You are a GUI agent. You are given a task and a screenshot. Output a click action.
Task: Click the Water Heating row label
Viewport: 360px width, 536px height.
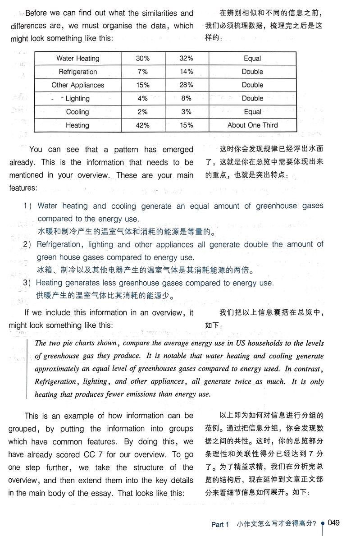click(x=77, y=59)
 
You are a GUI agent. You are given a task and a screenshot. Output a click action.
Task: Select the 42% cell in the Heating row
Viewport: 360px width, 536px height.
click(x=142, y=125)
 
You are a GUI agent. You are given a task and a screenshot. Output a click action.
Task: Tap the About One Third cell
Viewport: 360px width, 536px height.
click(x=252, y=125)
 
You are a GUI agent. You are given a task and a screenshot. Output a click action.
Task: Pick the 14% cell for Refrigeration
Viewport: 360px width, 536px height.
click(x=186, y=72)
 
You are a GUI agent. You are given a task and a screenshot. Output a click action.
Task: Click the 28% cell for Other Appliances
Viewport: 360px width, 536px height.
click(x=186, y=85)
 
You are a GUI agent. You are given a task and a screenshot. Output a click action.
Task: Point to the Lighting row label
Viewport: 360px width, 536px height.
click(x=77, y=99)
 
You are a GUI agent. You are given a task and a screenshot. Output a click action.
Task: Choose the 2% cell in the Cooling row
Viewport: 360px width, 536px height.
click(x=142, y=112)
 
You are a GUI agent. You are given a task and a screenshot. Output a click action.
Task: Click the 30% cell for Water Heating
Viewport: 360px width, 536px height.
click(x=142, y=59)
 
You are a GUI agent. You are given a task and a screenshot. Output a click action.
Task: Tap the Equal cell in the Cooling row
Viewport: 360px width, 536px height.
click(x=252, y=112)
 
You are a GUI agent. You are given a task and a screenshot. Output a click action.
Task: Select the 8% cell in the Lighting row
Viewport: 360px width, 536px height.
click(x=186, y=99)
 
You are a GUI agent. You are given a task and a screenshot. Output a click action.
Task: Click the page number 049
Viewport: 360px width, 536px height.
click(x=333, y=522)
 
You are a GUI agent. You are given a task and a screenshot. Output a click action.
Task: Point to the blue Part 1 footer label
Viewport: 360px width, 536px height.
click(x=220, y=524)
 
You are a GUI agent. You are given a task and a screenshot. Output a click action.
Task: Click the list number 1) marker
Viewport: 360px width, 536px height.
click(x=27, y=206)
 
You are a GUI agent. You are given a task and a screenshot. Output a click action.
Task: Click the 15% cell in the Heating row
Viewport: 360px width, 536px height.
click(x=186, y=125)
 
